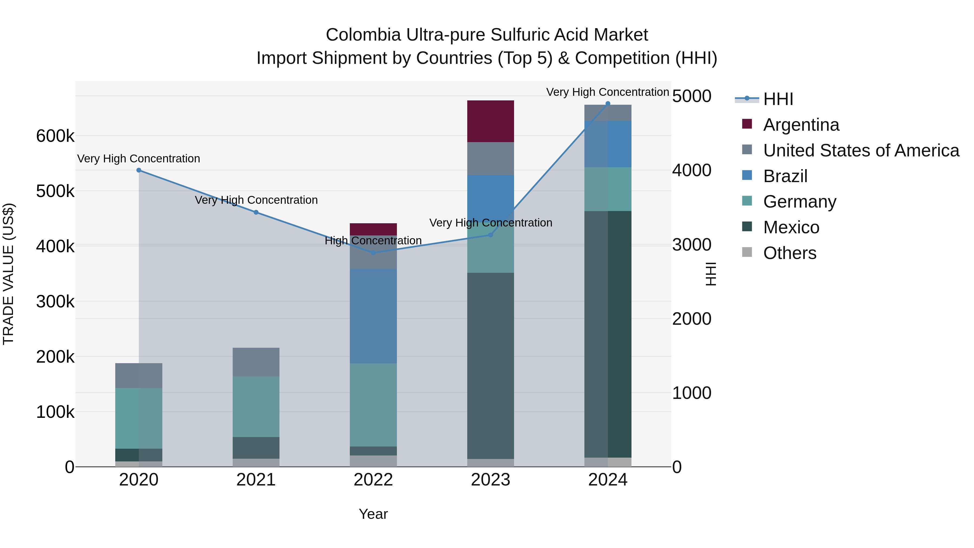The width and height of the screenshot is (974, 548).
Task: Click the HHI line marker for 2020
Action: point(139,170)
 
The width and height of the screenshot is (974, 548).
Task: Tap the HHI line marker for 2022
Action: point(373,253)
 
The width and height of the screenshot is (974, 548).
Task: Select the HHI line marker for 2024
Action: point(608,104)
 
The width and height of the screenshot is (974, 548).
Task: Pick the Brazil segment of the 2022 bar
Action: point(373,316)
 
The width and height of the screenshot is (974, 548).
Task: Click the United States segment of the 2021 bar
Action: point(256,362)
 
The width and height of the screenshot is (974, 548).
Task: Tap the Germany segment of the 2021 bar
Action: point(256,406)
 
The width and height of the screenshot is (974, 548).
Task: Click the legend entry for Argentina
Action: point(801,125)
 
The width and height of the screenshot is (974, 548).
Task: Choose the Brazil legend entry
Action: point(785,176)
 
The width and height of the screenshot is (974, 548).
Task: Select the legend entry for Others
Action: point(789,253)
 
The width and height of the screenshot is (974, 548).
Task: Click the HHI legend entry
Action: point(778,99)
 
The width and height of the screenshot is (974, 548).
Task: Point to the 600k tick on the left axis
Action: point(55,136)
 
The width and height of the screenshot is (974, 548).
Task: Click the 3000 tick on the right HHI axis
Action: point(692,245)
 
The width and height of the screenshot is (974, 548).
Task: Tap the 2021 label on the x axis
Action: point(256,480)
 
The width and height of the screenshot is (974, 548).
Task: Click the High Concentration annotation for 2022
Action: point(373,241)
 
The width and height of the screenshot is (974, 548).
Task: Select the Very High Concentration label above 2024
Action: point(608,92)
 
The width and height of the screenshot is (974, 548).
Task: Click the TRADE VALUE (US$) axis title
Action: point(8,274)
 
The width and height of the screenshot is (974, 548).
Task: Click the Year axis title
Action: point(373,514)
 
